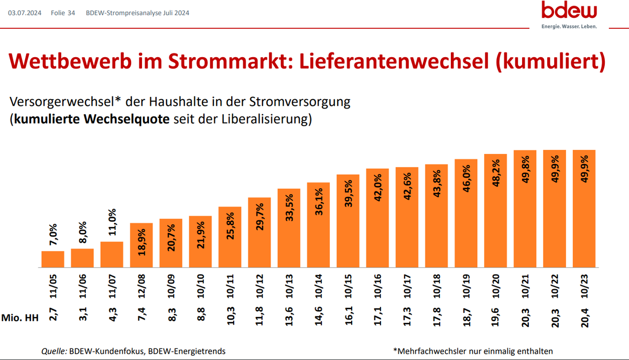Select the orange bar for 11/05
click(x=52, y=259)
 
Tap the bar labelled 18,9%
click(x=141, y=245)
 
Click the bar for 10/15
click(x=348, y=220)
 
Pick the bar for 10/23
click(x=584, y=209)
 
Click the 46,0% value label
click(x=466, y=180)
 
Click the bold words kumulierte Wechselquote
click(x=92, y=119)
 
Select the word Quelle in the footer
click(x=54, y=351)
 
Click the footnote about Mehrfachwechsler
click(x=472, y=351)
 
